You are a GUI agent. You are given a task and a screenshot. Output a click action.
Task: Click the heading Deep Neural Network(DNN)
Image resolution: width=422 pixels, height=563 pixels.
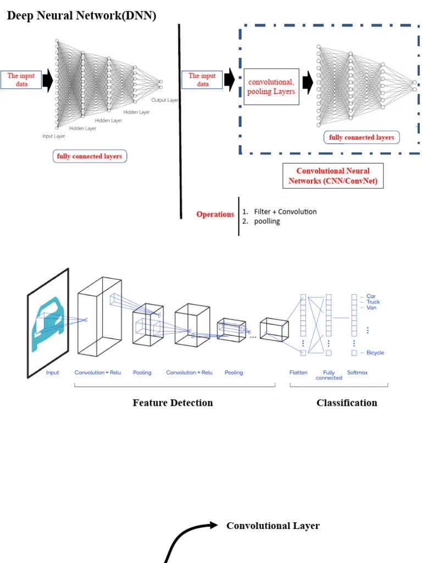pyautogui.click(x=81, y=16)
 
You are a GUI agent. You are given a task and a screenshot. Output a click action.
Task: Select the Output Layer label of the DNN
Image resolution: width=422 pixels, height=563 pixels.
pyautogui.click(x=165, y=100)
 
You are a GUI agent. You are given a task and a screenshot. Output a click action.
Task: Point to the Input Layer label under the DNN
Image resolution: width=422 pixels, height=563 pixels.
pyautogui.click(x=54, y=136)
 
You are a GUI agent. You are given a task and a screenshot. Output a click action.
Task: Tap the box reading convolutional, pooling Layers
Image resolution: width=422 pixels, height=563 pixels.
pyautogui.click(x=271, y=87)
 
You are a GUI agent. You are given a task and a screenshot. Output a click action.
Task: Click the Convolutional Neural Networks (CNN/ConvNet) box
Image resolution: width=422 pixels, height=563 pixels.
pyautogui.click(x=333, y=176)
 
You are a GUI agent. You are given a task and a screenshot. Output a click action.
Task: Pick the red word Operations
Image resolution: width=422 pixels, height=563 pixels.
pyautogui.click(x=215, y=214)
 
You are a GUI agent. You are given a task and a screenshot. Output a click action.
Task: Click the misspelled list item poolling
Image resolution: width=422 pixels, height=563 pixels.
pyautogui.click(x=266, y=221)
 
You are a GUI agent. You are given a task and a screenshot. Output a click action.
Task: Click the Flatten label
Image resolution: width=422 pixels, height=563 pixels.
pyautogui.click(x=298, y=373)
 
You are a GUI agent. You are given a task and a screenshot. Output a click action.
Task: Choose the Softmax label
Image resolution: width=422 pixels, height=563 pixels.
pyautogui.click(x=357, y=373)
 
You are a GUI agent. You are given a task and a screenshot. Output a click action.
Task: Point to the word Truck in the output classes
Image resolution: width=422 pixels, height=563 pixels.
pyautogui.click(x=373, y=302)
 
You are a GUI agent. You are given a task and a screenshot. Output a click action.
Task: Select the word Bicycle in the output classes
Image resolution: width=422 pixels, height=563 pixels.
pyautogui.click(x=375, y=352)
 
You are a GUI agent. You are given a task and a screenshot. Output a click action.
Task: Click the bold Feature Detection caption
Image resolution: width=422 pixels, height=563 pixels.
pyautogui.click(x=173, y=403)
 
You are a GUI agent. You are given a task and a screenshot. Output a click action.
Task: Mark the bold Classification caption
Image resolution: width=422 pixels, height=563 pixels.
pyautogui.click(x=347, y=403)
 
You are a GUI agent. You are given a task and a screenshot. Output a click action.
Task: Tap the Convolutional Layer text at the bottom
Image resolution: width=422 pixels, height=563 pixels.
pyautogui.click(x=273, y=526)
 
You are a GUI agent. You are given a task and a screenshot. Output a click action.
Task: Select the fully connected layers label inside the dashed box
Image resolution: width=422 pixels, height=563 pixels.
pyautogui.click(x=361, y=137)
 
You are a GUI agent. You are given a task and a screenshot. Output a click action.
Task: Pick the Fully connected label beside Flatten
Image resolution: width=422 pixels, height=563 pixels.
pyautogui.click(x=329, y=375)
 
